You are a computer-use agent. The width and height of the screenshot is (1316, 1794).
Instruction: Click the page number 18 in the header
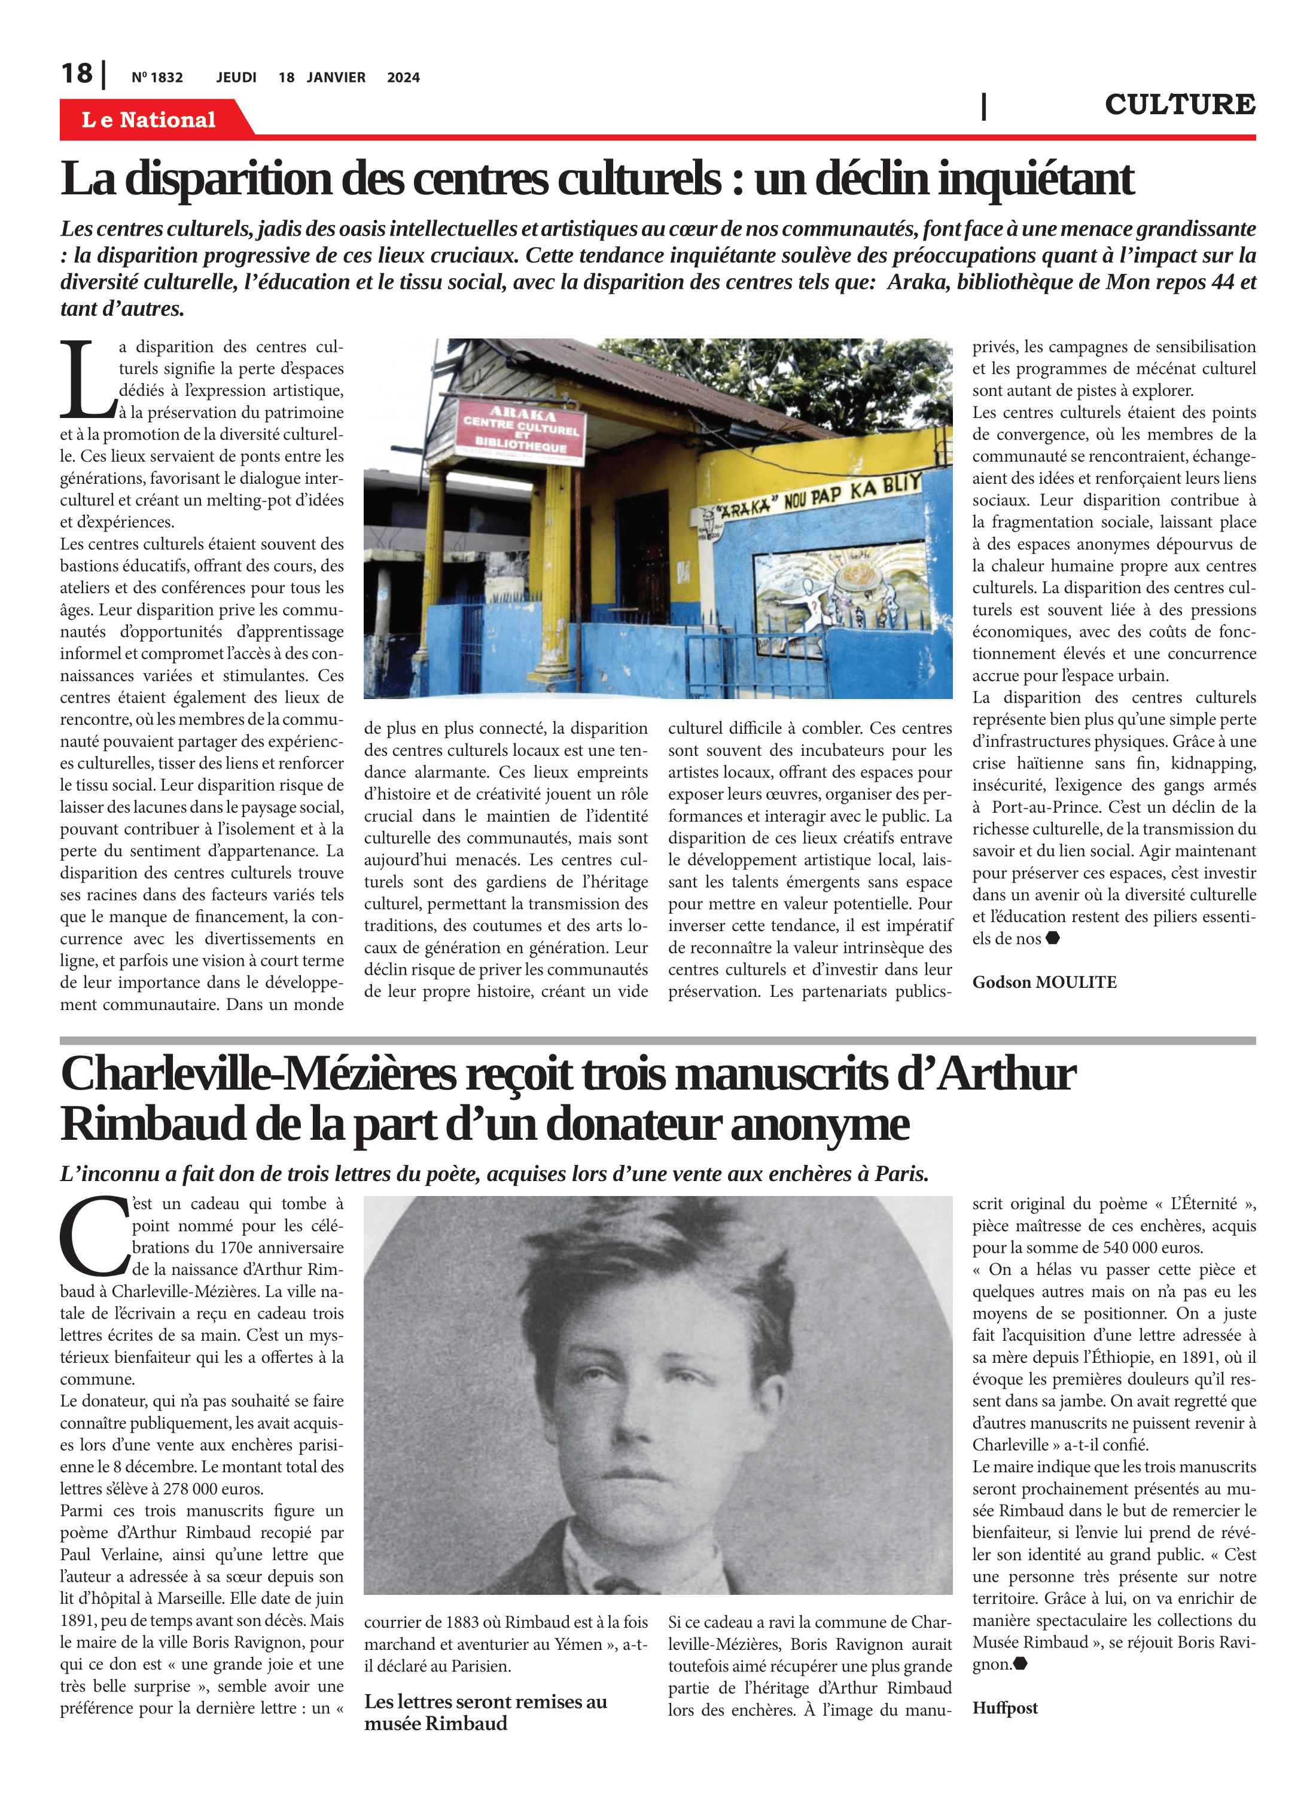(x=77, y=74)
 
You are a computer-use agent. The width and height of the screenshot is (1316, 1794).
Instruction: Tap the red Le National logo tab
(x=149, y=120)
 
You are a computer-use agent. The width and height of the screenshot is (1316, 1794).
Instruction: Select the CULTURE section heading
(x=1179, y=104)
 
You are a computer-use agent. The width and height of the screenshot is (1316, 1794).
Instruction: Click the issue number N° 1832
(x=157, y=77)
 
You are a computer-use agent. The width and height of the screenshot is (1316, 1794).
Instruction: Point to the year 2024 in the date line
(x=403, y=77)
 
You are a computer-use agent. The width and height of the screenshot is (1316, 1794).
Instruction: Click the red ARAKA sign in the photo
(x=522, y=430)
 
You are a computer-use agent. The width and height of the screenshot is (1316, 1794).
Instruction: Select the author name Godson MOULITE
(x=1044, y=982)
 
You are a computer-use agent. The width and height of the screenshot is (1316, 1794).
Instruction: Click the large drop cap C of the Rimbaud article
(x=93, y=1236)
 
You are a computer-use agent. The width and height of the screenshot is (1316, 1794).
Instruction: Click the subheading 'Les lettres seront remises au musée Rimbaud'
(x=485, y=1712)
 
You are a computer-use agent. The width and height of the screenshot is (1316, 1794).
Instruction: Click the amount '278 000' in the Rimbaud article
(x=190, y=1489)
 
